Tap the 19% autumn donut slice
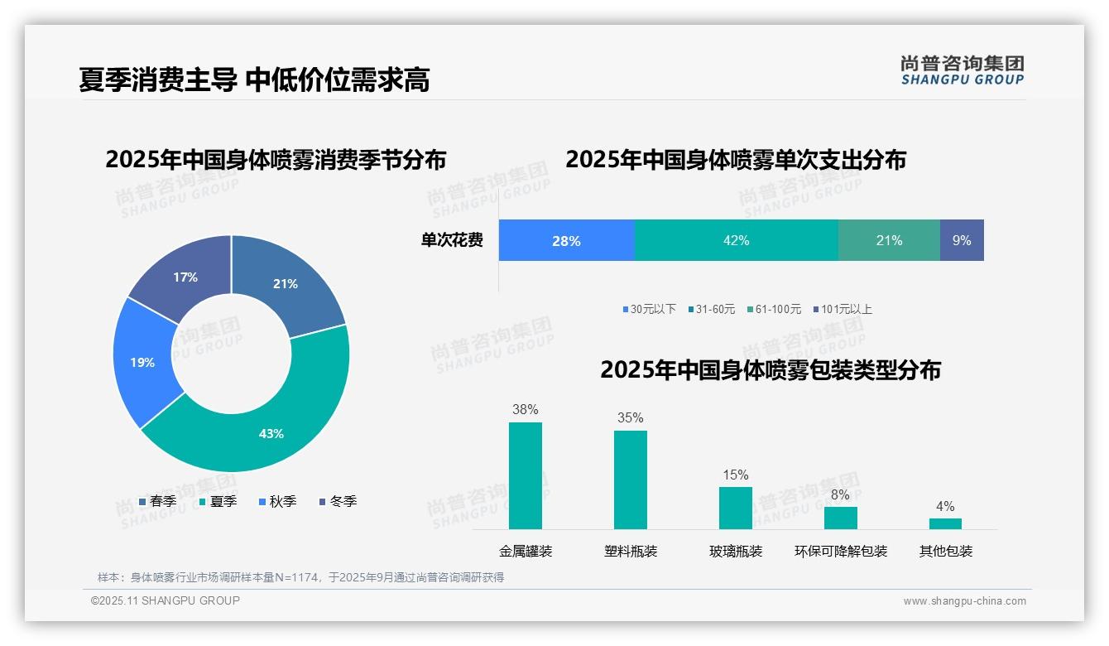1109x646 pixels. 142,362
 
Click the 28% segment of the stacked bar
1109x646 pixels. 566,240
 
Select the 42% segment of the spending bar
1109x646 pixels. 736,240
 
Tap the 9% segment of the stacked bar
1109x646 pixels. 962,240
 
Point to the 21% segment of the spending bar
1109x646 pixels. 889,240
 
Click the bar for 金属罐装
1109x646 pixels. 525,475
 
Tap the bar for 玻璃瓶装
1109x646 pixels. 735,508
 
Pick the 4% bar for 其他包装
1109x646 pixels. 945,523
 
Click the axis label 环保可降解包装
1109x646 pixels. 840,551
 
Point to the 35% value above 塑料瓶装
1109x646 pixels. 630,417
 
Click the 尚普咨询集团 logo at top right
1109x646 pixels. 962,70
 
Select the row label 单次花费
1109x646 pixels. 452,240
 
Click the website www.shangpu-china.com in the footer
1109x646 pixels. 964,600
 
